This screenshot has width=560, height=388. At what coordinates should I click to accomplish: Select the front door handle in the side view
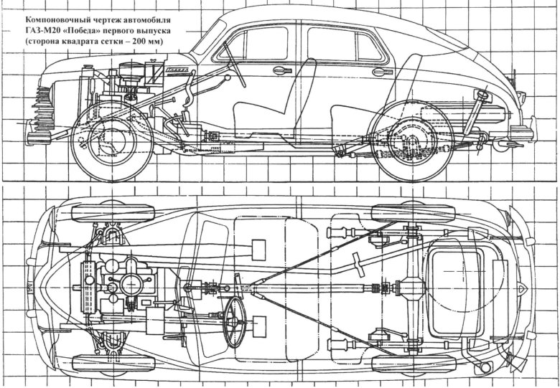pos(280,70)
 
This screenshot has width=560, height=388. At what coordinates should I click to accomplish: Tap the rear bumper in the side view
pos(523,133)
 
